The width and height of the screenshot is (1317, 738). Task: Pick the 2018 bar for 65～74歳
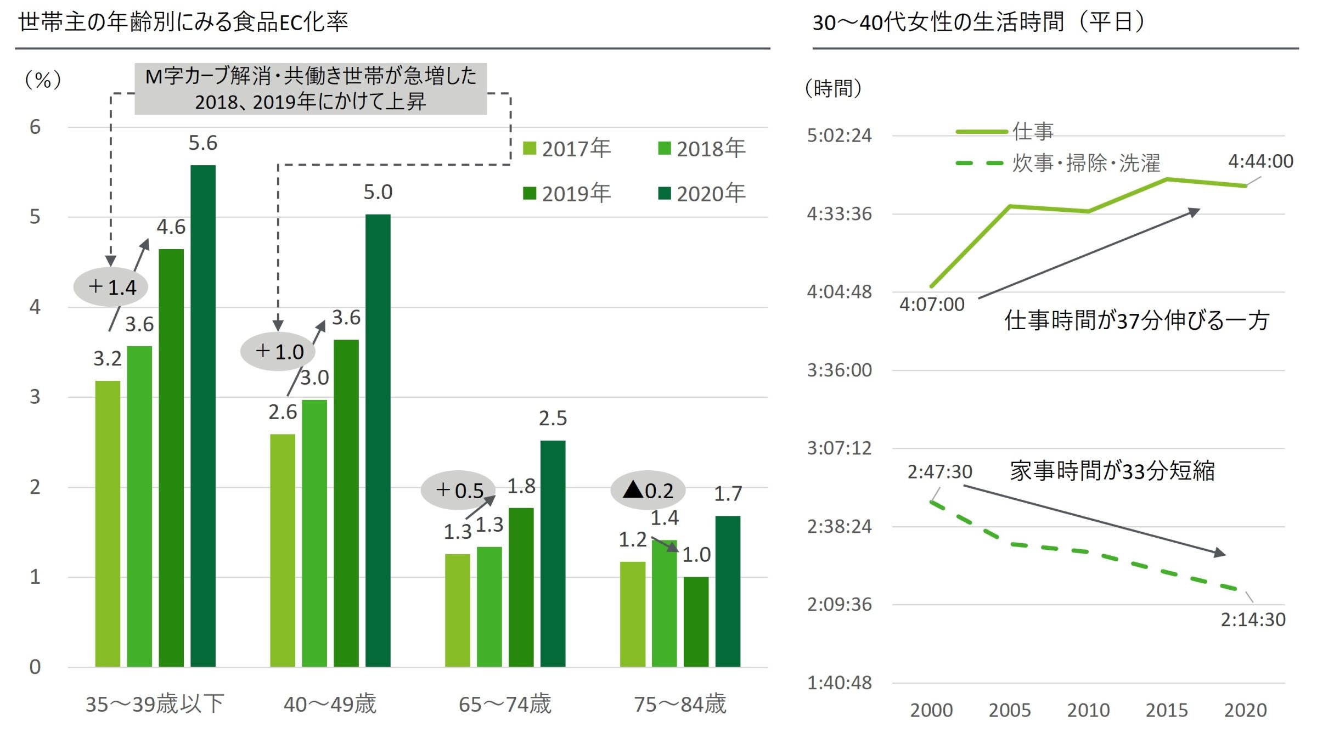tap(489, 607)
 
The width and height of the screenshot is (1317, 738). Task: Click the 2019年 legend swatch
tap(530, 193)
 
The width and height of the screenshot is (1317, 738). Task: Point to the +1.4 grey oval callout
tap(111, 287)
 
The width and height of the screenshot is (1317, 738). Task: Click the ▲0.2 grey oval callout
tap(648, 490)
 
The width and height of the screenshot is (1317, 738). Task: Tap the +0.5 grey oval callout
tap(458, 490)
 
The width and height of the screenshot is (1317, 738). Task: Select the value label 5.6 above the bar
tap(203, 143)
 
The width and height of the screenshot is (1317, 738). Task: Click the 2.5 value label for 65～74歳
tap(553, 419)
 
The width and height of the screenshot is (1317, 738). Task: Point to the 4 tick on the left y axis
tap(35, 307)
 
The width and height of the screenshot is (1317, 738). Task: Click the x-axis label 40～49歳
tap(330, 704)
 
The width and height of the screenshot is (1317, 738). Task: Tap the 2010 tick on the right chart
tap(1088, 710)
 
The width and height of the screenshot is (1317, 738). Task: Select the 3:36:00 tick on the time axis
tap(839, 370)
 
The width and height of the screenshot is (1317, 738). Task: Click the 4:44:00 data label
tap(1260, 161)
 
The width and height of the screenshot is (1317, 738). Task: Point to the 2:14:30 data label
tap(1253, 619)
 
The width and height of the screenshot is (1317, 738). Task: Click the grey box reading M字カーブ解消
tap(311, 88)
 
